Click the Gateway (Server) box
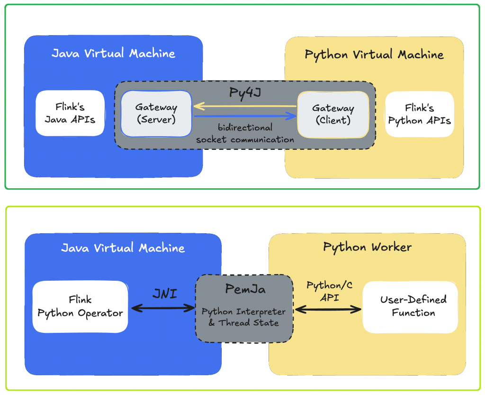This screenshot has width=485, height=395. coord(156,113)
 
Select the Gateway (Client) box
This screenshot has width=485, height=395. coord(333,114)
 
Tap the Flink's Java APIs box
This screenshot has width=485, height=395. coord(70,113)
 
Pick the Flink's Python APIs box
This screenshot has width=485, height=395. coord(419,114)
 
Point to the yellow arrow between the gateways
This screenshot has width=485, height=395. coord(244,106)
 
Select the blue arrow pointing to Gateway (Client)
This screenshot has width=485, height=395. coord(244,116)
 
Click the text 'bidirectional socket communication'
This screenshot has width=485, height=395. coord(245,133)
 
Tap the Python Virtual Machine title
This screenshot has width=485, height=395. coord(374,55)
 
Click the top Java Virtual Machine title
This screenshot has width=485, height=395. coord(113,53)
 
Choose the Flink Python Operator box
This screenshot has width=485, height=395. coord(80,306)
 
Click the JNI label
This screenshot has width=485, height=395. coord(165,294)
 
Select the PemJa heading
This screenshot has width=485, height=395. coord(244,289)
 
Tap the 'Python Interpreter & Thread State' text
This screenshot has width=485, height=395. coord(244,317)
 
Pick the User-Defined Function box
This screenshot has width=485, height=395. coord(410,306)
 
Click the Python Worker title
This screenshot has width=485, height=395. coord(367,247)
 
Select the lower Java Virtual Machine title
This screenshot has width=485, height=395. coord(123,248)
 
